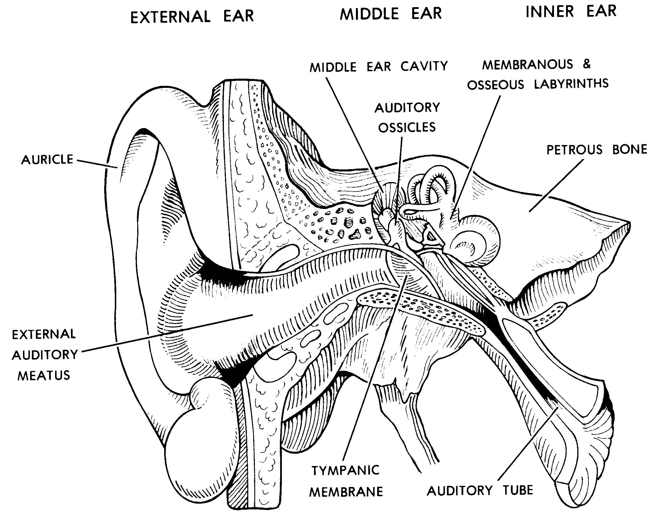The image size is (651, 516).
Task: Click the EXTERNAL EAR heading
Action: tap(192, 16)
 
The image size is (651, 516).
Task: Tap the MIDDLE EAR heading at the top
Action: tap(391, 14)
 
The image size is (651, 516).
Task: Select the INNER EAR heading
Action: tap(571, 11)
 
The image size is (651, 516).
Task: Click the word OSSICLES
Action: tap(407, 127)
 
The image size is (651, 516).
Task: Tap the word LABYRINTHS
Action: tap(571, 84)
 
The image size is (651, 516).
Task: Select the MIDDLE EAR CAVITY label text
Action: tap(379, 66)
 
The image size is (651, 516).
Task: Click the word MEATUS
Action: tap(44, 376)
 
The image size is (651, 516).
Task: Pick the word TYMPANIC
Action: tap(345, 470)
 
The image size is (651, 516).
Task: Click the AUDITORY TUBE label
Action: tap(480, 490)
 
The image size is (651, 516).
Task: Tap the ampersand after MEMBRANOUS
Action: tap(587, 64)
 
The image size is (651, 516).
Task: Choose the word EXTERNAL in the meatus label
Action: tap(44, 334)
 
